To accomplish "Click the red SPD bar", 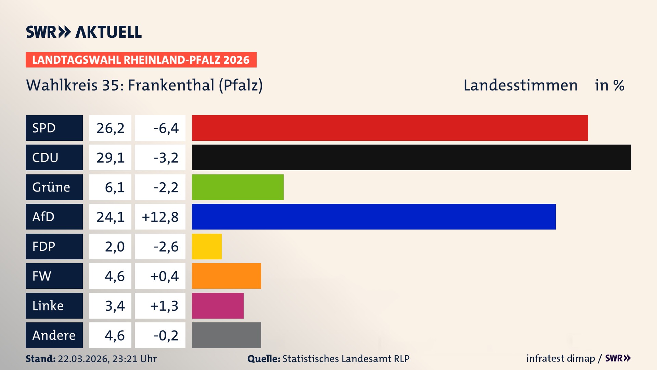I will [x=390, y=128].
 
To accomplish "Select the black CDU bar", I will [x=411, y=158].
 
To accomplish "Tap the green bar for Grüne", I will [x=237, y=187].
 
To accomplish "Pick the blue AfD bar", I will [x=374, y=217].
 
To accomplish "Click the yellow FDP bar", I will [x=207, y=246].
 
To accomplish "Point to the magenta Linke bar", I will [x=218, y=306].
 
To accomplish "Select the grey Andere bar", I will [x=226, y=335].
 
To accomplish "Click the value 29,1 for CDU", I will [x=110, y=158].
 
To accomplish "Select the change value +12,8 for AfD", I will [x=160, y=217].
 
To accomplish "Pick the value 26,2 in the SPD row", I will [x=110, y=128].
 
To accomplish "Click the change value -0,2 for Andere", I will [x=166, y=335].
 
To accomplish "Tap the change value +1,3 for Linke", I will [x=164, y=306].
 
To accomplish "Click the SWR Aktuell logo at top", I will [x=83, y=32].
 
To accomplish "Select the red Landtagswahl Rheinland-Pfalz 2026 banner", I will [x=141, y=60].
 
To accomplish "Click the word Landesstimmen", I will [x=520, y=85].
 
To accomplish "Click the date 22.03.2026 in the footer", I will [x=83, y=359].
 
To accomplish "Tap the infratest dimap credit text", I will [x=561, y=358].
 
